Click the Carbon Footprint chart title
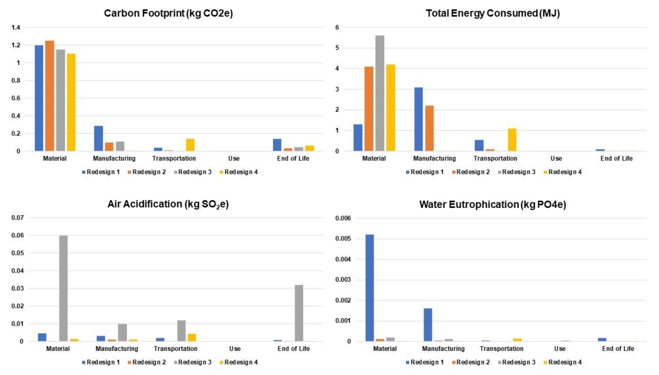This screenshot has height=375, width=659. pos(168,13)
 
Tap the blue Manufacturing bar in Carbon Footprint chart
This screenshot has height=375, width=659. pos(98,138)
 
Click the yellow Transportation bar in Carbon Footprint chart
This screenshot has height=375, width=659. pos(190,145)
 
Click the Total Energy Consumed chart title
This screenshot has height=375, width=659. pos(493,13)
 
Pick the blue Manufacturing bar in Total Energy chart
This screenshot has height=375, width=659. pos(418,119)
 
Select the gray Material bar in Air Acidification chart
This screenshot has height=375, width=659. pos(63,289)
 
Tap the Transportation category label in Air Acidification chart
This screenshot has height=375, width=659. pos(176,349)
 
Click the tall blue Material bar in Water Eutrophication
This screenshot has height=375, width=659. pos(369,288)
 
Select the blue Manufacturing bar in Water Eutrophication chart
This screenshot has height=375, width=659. pos(428,325)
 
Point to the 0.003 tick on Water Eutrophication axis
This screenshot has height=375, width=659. pos(343,280)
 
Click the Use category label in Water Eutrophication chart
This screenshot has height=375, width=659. pos(560,349)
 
